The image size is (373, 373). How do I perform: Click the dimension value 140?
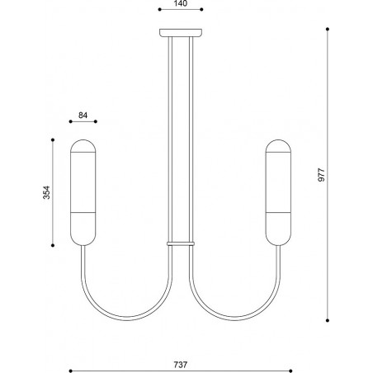(181, 3)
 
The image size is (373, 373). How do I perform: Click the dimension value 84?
(83, 115)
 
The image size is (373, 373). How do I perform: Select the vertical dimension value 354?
(47, 192)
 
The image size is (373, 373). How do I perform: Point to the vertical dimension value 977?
(321, 175)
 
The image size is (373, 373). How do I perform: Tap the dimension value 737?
(181, 365)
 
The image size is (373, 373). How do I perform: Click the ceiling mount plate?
(181, 33)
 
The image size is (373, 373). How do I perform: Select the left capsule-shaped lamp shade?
(83, 192)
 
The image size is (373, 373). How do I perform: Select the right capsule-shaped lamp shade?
(278, 192)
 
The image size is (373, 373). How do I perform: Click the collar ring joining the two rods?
(181, 243)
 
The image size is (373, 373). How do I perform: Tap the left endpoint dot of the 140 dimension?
(160, 9)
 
